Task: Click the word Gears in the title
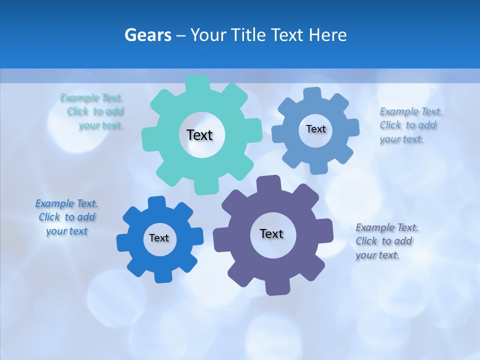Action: (147, 35)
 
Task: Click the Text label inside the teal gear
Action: (199, 135)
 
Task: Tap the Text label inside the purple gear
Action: (271, 234)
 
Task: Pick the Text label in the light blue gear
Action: (315, 129)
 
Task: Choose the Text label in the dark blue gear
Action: (159, 238)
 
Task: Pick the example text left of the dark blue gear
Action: (66, 217)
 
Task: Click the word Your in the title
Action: (210, 35)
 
